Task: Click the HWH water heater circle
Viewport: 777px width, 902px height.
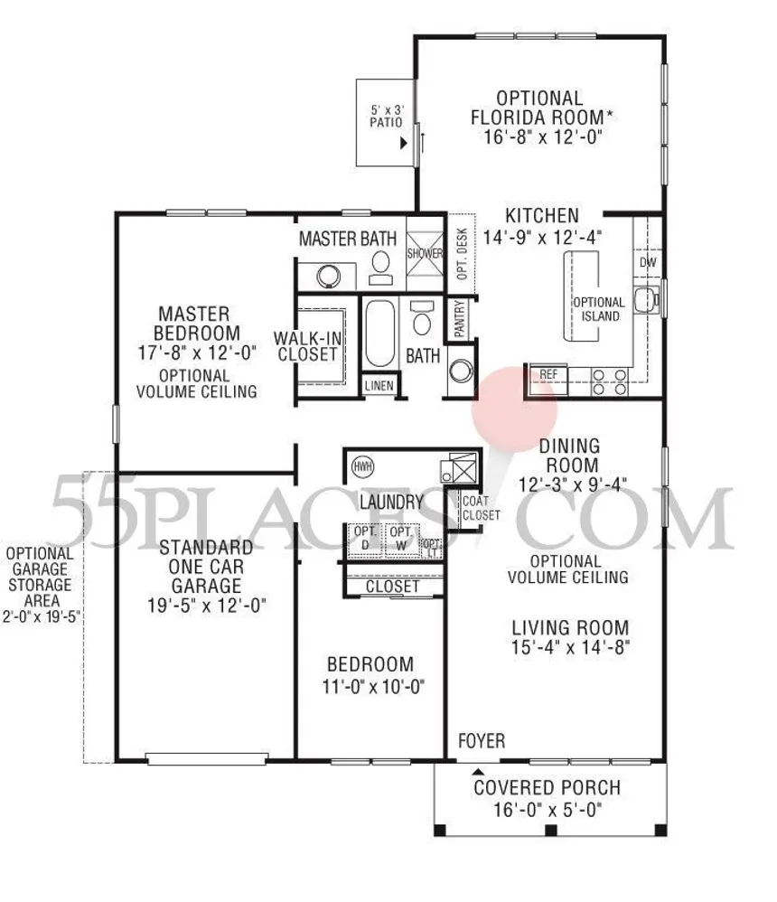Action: [x=363, y=466]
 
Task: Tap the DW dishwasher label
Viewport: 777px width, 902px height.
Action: [x=647, y=262]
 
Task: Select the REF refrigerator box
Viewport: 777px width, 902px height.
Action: [x=548, y=373]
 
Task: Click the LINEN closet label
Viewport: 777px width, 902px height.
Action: [x=379, y=385]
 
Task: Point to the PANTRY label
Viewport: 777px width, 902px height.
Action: [x=460, y=320]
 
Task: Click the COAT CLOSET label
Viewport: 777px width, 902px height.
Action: [x=480, y=508]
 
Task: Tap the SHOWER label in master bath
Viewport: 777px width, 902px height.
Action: [x=425, y=253]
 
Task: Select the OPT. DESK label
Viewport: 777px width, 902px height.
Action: [x=461, y=253]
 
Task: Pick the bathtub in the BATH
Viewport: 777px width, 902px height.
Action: [x=379, y=334]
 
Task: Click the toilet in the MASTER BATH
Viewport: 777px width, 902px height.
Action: [x=380, y=263]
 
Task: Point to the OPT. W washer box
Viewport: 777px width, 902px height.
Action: [x=399, y=539]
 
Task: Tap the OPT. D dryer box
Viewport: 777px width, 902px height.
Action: [x=363, y=539]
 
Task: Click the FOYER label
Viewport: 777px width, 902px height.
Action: [x=481, y=741]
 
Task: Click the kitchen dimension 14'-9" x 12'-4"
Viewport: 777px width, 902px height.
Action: [x=542, y=237]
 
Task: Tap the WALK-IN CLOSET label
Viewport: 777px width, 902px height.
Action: [x=307, y=346]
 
